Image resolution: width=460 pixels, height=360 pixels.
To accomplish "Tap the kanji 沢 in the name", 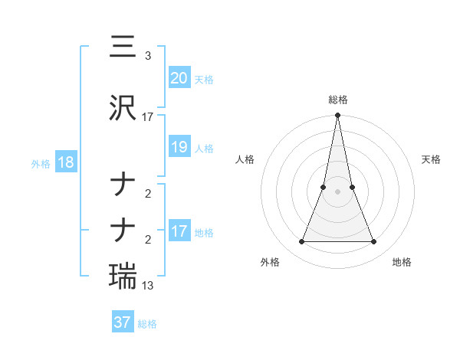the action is click(123, 108).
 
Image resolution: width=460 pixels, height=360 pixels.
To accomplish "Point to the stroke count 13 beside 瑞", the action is click(148, 286).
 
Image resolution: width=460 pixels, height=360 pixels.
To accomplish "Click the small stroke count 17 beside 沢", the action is click(148, 117).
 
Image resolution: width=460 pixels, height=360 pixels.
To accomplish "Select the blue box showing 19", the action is click(179, 147).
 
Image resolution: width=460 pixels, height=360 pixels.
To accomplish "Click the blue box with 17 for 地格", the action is click(179, 231).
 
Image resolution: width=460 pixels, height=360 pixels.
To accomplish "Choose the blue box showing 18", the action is click(65, 162).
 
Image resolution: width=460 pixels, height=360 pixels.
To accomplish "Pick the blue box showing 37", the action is click(122, 322).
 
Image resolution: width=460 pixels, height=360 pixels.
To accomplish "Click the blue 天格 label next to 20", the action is click(204, 79).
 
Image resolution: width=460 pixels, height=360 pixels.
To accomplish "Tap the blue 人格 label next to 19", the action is click(204, 149).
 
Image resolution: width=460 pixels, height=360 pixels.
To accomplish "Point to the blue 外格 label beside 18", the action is click(40, 164).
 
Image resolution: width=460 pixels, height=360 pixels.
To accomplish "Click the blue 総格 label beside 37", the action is click(147, 324).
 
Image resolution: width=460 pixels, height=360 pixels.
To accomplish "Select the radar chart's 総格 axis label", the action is click(337, 100).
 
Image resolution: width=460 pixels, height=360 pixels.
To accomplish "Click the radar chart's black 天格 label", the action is click(432, 159).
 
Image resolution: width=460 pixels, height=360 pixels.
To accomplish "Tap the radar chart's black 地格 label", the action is click(402, 262).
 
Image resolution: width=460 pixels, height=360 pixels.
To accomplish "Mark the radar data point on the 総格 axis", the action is click(337, 116).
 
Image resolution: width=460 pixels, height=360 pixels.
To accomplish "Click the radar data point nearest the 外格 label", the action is click(301, 242).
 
